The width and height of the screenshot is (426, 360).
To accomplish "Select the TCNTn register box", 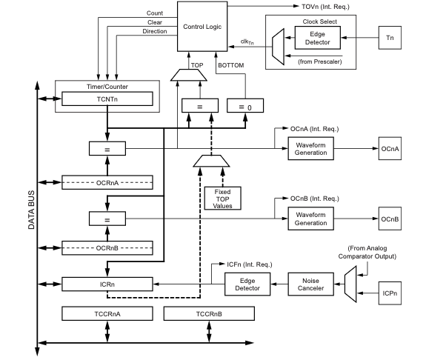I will [x=107, y=98].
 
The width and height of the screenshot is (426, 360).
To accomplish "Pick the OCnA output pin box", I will [x=391, y=149].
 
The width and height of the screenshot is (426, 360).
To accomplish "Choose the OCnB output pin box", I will [x=391, y=219].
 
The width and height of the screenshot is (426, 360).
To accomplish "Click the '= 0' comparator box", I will [x=245, y=106].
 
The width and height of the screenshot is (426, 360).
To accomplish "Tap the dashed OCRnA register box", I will [x=108, y=182].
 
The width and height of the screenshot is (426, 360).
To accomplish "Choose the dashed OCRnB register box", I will [x=108, y=247].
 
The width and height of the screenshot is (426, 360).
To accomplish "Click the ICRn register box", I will [x=108, y=283].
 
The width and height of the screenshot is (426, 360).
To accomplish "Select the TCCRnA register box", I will [x=108, y=313].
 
